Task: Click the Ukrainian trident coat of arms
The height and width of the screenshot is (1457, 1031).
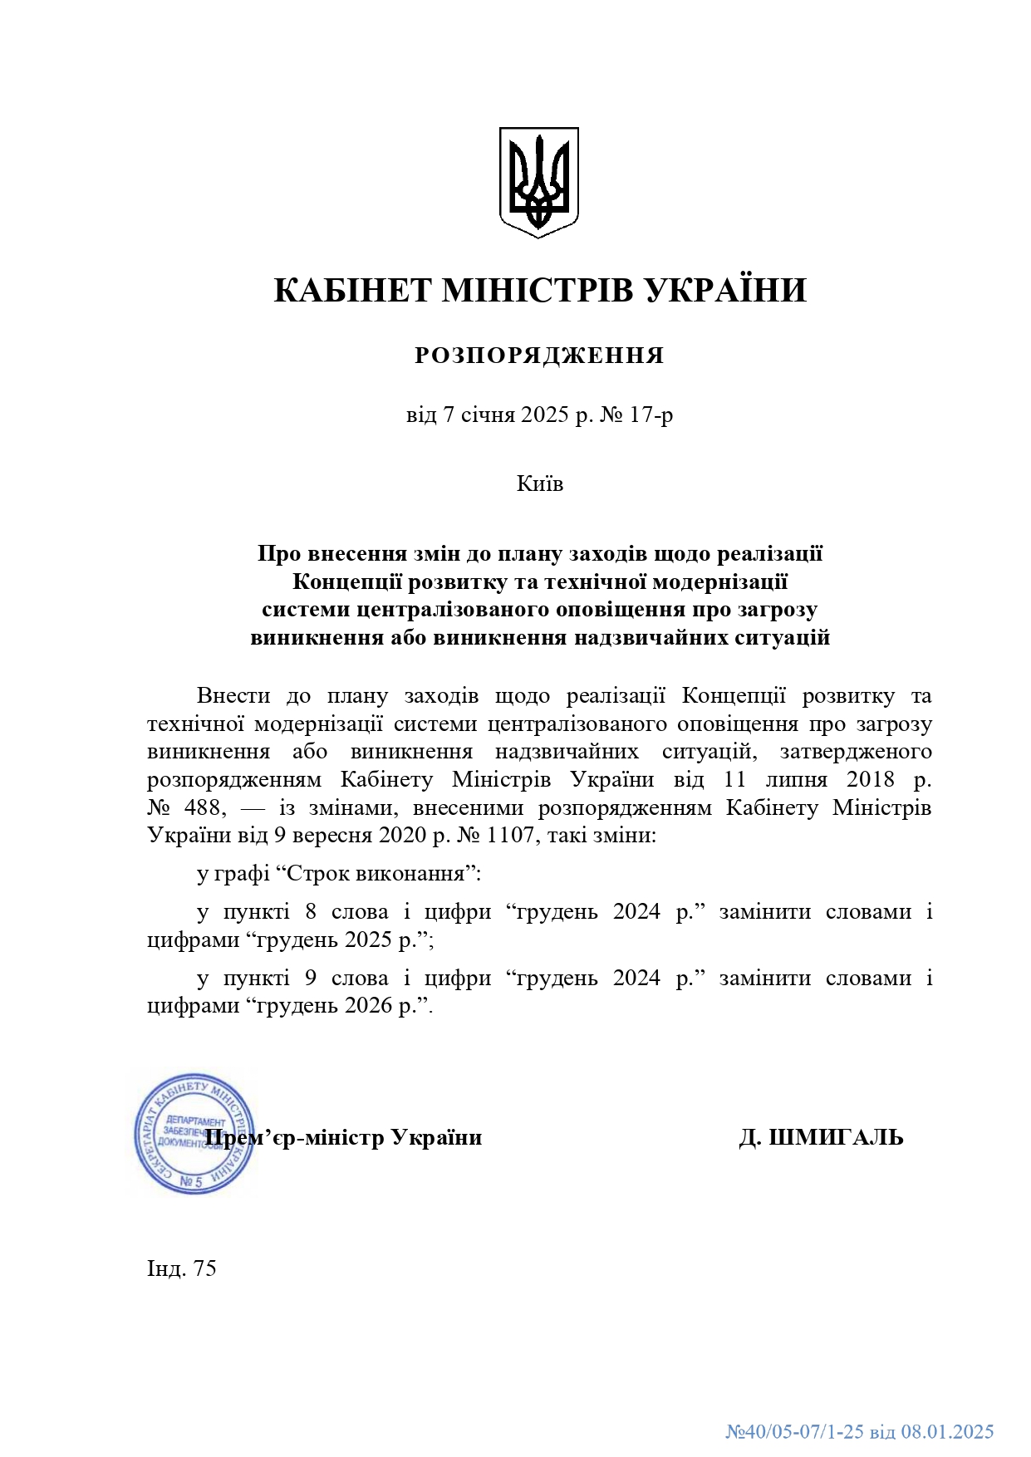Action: click(x=538, y=182)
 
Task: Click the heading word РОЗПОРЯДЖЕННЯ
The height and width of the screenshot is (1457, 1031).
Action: click(x=539, y=356)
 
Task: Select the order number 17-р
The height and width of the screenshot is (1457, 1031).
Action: click(x=652, y=415)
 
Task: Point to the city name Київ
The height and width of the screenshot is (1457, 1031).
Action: click(x=539, y=483)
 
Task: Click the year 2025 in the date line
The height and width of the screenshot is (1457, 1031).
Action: click(x=543, y=415)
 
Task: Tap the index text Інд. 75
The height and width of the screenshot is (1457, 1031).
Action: click(x=182, y=1268)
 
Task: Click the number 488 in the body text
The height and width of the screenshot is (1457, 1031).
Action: click(x=203, y=807)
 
